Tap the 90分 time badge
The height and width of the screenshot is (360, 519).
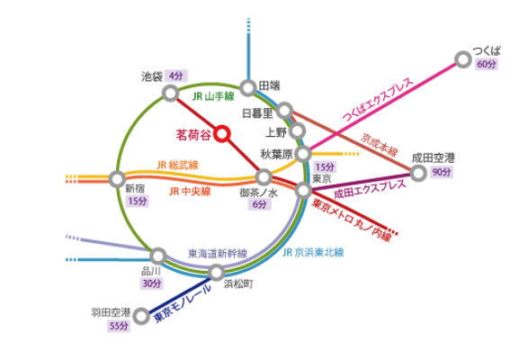[442, 172]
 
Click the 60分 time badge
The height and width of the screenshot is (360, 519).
[487, 64]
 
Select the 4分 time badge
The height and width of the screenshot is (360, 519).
[176, 76]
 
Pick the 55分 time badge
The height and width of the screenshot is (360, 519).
[119, 326]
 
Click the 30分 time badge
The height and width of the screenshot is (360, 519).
[152, 283]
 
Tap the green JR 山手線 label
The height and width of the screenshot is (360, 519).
[213, 96]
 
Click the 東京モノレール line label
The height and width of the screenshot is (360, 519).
[183, 303]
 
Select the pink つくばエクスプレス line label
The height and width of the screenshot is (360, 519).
[378, 99]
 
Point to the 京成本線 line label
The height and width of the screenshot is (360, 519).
[380, 145]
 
